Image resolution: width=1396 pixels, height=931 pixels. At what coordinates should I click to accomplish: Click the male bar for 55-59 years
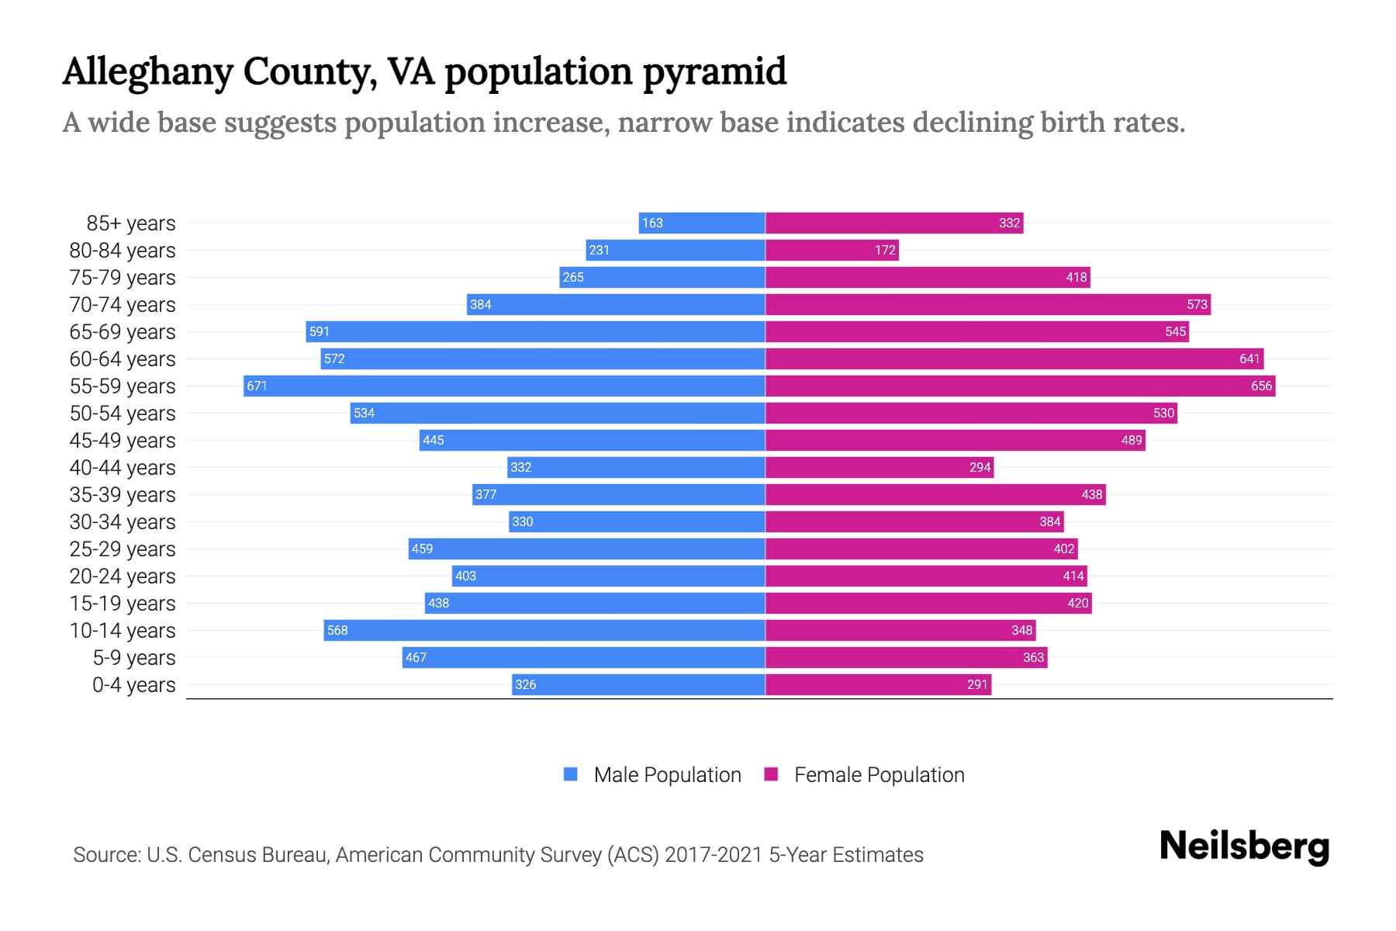pos(504,386)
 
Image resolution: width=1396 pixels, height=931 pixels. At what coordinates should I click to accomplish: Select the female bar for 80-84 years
pos(831,250)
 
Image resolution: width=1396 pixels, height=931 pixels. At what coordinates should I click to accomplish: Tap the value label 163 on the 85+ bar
pos(652,223)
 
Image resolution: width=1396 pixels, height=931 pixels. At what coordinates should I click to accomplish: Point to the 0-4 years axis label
pos(133,684)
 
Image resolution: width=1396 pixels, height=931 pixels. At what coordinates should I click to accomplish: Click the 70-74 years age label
pos(123,304)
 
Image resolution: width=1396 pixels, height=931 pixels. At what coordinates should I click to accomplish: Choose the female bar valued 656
pos(1020,386)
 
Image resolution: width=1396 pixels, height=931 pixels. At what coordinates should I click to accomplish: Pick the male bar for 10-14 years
pos(544,630)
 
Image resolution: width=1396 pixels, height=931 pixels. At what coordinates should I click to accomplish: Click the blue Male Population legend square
pos(571,774)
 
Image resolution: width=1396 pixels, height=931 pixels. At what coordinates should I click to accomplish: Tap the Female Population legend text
pos(879,774)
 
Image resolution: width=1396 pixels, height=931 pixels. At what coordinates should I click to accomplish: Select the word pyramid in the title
pos(714,71)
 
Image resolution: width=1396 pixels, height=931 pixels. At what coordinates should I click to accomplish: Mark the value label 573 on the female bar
pos(1197,304)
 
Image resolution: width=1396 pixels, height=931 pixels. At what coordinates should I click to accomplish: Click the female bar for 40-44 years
pos(879,467)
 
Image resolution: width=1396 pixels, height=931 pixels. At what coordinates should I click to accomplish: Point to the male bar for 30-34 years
pos(637,521)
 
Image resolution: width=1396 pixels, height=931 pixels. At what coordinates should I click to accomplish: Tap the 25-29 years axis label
pos(123,549)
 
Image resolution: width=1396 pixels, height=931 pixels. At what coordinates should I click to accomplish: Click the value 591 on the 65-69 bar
pos(320,331)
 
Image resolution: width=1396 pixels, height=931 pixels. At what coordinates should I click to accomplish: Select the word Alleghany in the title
pos(147,71)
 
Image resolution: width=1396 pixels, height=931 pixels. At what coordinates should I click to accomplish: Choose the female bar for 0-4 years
pos(878,684)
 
